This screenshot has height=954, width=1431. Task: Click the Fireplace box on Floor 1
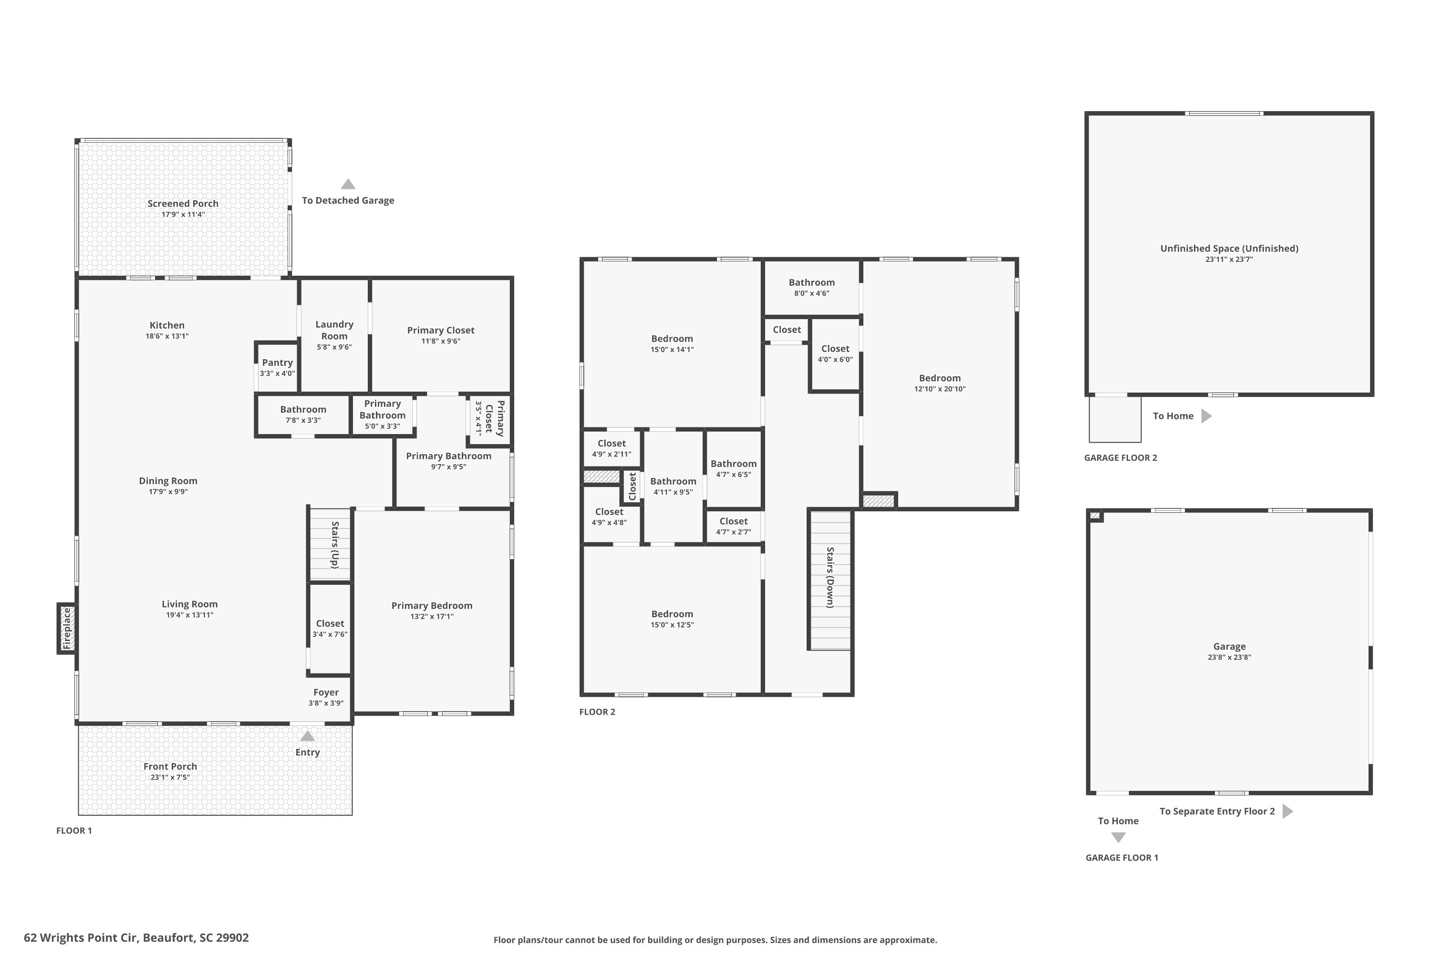(66, 629)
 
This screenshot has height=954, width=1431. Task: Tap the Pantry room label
(278, 363)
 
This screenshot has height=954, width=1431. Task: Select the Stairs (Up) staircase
(331, 545)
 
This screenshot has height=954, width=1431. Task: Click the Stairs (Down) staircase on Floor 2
(830, 581)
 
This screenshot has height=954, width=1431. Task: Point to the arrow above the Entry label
(308, 736)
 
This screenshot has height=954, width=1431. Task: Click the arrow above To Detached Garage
(348, 184)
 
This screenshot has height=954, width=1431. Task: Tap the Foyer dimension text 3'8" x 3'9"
(326, 703)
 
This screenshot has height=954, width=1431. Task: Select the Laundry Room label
(335, 331)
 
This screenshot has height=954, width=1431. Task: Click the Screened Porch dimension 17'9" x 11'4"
(183, 215)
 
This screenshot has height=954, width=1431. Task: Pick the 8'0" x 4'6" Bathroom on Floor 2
(812, 287)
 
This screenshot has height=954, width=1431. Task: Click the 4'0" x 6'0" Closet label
(835, 349)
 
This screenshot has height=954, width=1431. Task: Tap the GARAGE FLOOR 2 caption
(1120, 457)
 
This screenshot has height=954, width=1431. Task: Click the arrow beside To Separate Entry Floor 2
(1288, 811)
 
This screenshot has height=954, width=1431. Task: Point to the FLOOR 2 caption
(598, 712)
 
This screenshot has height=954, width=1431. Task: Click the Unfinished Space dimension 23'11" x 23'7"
(1230, 259)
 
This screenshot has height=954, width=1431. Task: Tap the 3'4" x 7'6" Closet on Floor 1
(330, 629)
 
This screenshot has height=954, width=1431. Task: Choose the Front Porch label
(170, 767)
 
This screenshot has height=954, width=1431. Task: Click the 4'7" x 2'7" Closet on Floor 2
(734, 526)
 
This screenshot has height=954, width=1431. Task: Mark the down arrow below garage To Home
(1118, 837)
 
